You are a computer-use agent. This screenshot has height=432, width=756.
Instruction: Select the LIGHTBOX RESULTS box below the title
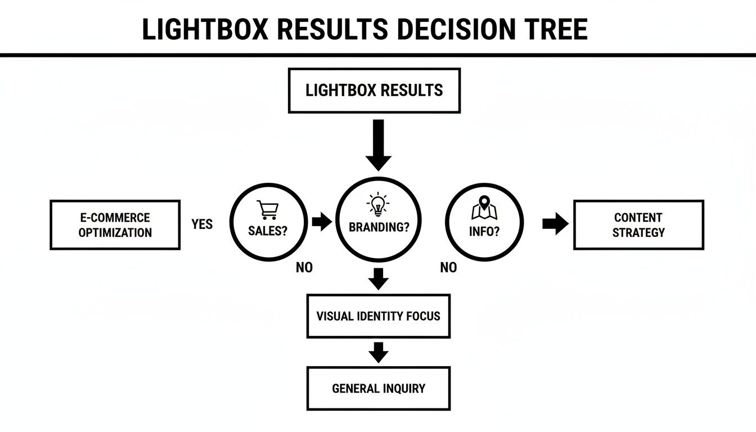(x=374, y=91)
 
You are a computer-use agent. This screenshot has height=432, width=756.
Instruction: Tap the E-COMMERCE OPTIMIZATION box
(x=115, y=225)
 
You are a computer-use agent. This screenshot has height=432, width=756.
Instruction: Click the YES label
(x=202, y=224)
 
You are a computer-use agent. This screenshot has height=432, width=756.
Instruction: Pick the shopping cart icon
(x=267, y=210)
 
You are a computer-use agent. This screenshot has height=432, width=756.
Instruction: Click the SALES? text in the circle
(x=268, y=231)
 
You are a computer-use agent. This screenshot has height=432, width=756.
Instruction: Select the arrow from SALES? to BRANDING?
(x=322, y=222)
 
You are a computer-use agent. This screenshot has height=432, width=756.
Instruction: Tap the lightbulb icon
(x=378, y=205)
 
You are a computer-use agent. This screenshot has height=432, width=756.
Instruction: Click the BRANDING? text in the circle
(x=379, y=228)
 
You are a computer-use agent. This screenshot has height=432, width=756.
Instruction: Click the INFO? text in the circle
(x=484, y=231)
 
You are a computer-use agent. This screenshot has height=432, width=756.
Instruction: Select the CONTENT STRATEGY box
(x=638, y=225)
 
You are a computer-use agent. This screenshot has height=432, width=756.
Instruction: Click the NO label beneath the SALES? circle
(x=304, y=268)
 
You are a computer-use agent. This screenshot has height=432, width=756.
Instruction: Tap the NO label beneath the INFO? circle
(x=448, y=268)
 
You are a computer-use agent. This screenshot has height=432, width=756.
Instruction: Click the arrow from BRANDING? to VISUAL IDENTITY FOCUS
(x=379, y=278)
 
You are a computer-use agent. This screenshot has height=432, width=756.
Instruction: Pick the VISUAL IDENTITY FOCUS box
(x=378, y=316)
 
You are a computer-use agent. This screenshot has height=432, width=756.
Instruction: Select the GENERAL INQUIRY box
(x=378, y=389)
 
